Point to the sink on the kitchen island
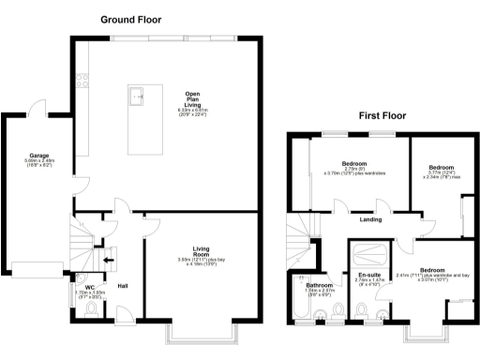click(x=137, y=94)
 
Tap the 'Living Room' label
click(x=201, y=250)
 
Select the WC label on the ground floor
click(x=90, y=288)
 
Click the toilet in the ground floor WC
click(x=90, y=312)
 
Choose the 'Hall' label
click(x=122, y=287)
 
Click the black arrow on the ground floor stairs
click(x=109, y=262)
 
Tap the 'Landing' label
click(x=369, y=221)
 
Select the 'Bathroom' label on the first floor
click(x=320, y=284)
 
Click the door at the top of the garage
click(x=37, y=105)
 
